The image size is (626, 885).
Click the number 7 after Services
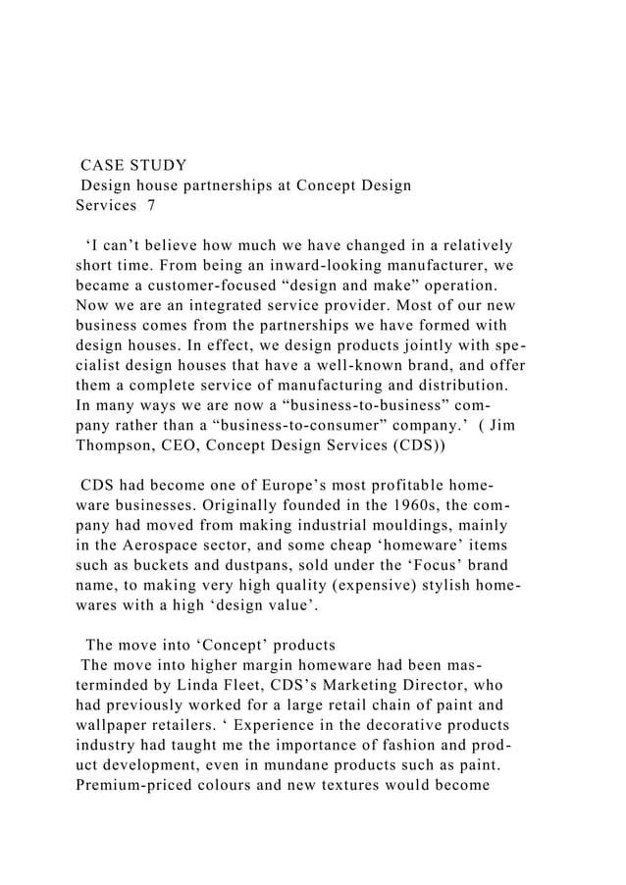(150, 205)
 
